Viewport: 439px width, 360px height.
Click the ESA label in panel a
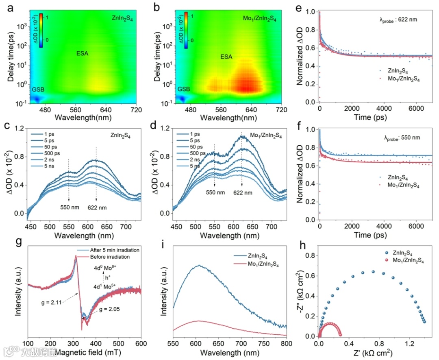click(83, 53)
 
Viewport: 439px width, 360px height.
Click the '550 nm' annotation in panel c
click(69, 205)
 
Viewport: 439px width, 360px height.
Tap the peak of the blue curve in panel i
click(199, 265)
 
